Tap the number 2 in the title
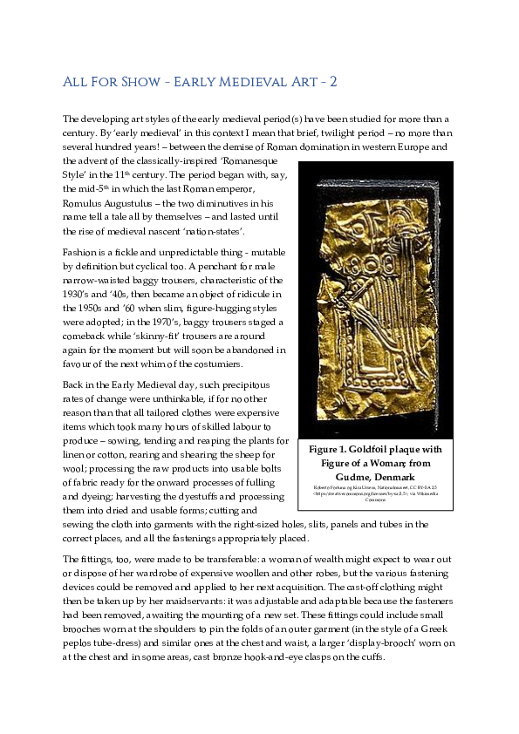click(x=332, y=83)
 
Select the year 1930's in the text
click(x=79, y=294)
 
